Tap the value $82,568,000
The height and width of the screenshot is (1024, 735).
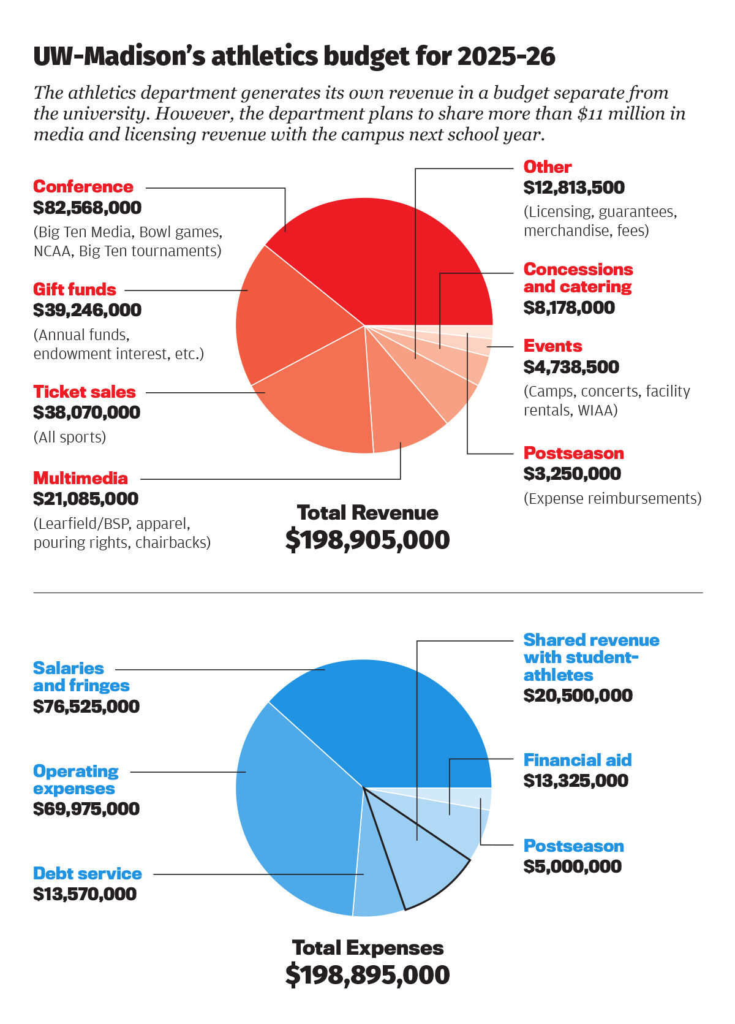click(x=88, y=208)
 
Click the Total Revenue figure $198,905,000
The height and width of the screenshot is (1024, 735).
click(x=367, y=540)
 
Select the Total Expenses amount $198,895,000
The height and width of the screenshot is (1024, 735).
click(x=367, y=975)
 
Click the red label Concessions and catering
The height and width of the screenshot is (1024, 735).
click(x=578, y=278)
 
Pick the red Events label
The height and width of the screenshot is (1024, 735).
click(x=552, y=346)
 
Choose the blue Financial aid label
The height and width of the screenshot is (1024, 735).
click(x=577, y=760)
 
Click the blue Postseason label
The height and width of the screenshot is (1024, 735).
click(x=573, y=846)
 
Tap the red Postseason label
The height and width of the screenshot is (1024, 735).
click(x=573, y=453)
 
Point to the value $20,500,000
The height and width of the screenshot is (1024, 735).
click(x=578, y=696)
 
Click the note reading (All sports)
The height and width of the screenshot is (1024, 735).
click(x=70, y=437)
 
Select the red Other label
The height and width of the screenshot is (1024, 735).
click(x=547, y=167)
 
